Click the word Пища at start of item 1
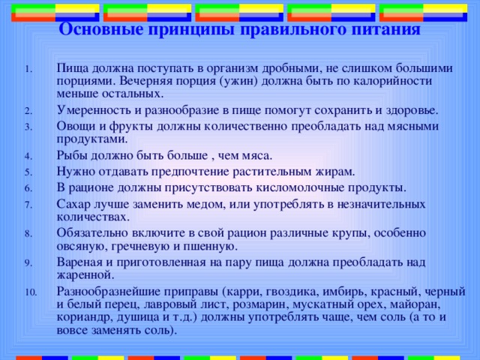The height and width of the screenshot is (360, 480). point(71,67)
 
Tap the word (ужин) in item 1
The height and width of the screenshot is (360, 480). point(247,81)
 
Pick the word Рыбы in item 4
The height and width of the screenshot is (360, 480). point(72,155)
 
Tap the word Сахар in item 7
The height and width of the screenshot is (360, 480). point(73,202)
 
